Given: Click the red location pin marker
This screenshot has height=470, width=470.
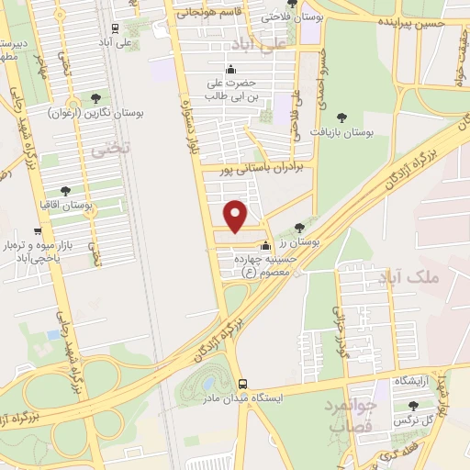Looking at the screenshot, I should [237, 215].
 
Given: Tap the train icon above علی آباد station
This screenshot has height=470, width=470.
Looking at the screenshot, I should [115, 28].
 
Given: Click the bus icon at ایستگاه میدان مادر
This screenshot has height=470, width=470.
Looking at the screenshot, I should [241, 384].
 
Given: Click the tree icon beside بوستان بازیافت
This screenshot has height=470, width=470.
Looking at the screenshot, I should [342, 117].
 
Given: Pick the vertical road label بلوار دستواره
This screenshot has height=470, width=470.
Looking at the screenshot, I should [194, 110].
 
